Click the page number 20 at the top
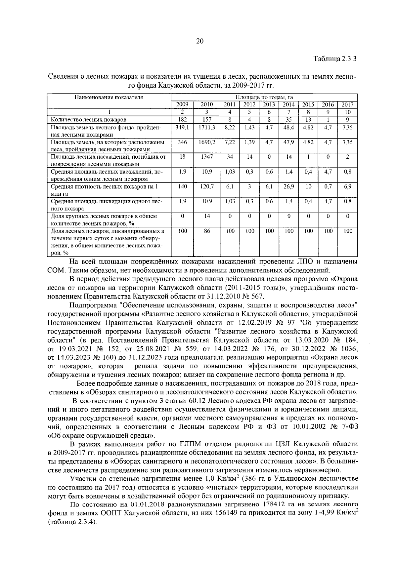(x=199, y=41)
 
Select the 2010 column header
(x=207, y=105)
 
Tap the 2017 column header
(x=347, y=105)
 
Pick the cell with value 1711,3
(x=207, y=127)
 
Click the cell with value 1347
(x=207, y=157)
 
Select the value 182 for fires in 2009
(x=182, y=119)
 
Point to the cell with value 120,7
(x=207, y=186)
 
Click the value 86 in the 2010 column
(x=207, y=231)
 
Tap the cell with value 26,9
(x=289, y=186)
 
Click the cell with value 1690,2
(x=207, y=142)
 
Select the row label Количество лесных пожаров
(x=88, y=120)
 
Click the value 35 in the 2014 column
(x=289, y=119)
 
